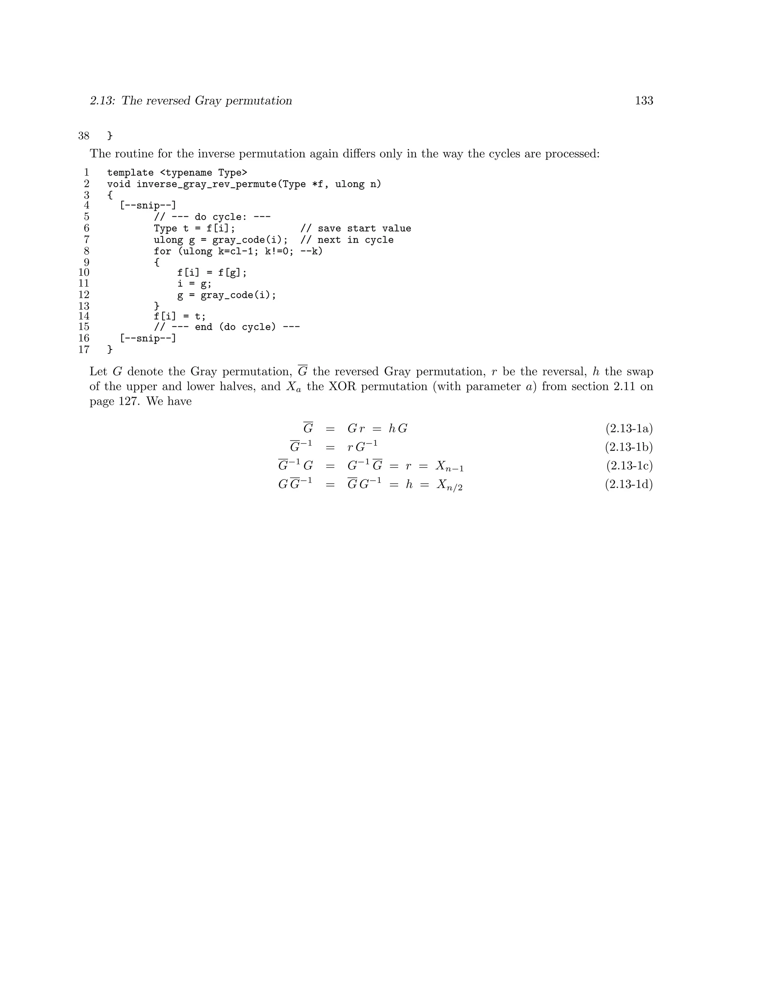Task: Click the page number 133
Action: pyautogui.click(x=644, y=101)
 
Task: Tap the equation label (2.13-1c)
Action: pyautogui.click(x=629, y=465)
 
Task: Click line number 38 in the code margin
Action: pyautogui.click(x=84, y=136)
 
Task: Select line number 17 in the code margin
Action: pyautogui.click(x=84, y=349)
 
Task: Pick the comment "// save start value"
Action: pyautogui.click(x=356, y=229)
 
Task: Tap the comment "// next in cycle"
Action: pyautogui.click(x=347, y=240)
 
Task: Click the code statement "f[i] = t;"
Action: pyautogui.click(x=179, y=317)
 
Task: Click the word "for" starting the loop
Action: pyautogui.click(x=162, y=251)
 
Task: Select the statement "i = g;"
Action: pyautogui.click(x=194, y=284)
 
